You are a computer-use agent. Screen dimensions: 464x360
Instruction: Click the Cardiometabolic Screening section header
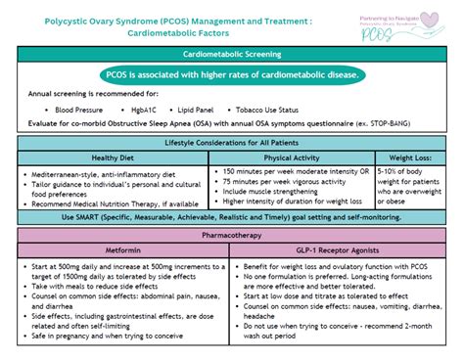tap(231, 57)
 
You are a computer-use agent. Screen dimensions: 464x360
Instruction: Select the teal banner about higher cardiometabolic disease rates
tap(231, 75)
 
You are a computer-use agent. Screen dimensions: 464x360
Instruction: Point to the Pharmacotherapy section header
tap(231, 235)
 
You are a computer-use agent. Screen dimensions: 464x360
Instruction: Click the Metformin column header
tap(123, 249)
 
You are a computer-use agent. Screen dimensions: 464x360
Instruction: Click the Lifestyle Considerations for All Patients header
tap(231, 143)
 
